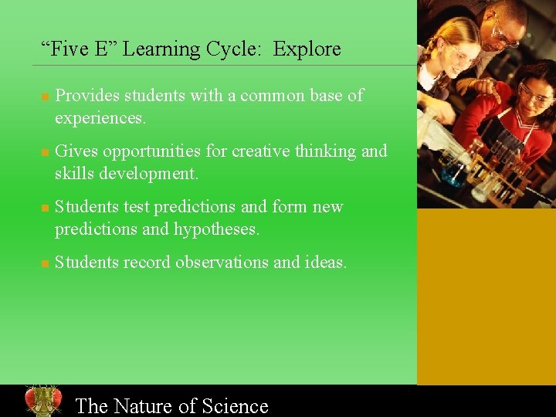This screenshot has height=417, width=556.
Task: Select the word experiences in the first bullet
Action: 100,119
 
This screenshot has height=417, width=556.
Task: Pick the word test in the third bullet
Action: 137,207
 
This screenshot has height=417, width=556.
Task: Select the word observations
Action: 222,263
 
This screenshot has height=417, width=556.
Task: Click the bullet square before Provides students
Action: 45,97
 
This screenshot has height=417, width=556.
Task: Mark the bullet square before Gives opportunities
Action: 45,153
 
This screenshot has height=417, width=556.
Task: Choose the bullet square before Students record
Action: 45,264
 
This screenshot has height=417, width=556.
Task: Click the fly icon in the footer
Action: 42,400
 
